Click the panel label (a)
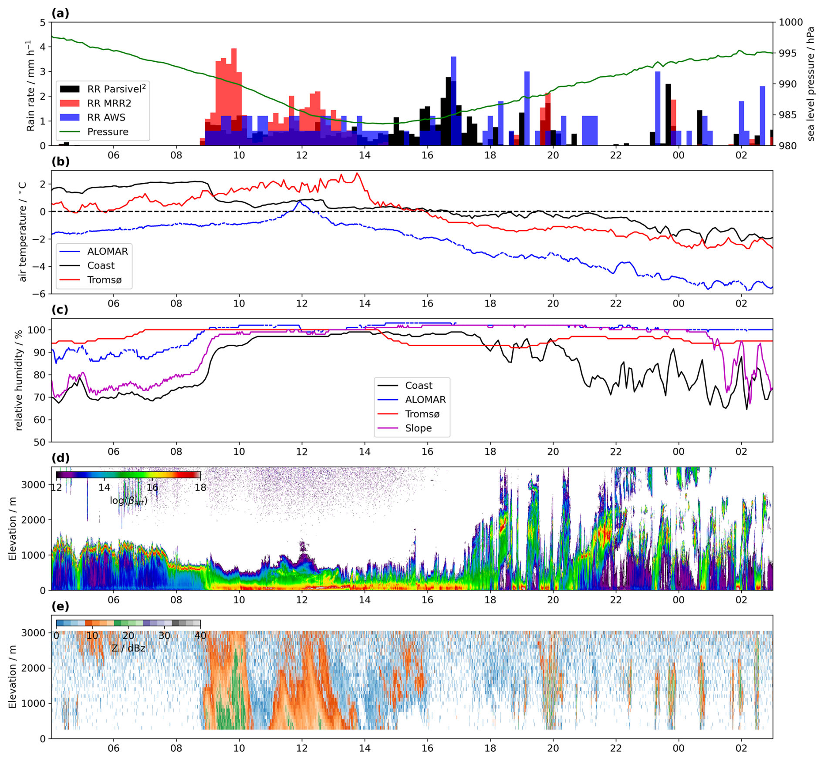(x=60, y=13)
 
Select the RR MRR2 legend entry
(x=109, y=103)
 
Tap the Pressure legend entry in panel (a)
(x=108, y=132)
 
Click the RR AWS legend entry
(x=106, y=118)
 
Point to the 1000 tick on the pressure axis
(x=790, y=22)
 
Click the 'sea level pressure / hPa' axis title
(x=811, y=84)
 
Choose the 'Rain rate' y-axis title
(x=30, y=85)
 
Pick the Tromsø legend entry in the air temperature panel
(x=104, y=280)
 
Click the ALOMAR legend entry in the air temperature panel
(x=107, y=252)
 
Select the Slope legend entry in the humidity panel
(x=418, y=428)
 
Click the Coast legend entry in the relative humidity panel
(x=419, y=386)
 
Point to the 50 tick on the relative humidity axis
(x=40, y=442)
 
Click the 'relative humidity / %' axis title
(x=19, y=380)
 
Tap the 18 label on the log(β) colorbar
(x=200, y=488)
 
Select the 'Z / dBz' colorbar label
(x=128, y=648)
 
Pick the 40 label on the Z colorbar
(x=200, y=636)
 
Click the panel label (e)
(x=60, y=606)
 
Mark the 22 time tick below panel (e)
(x=615, y=748)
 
